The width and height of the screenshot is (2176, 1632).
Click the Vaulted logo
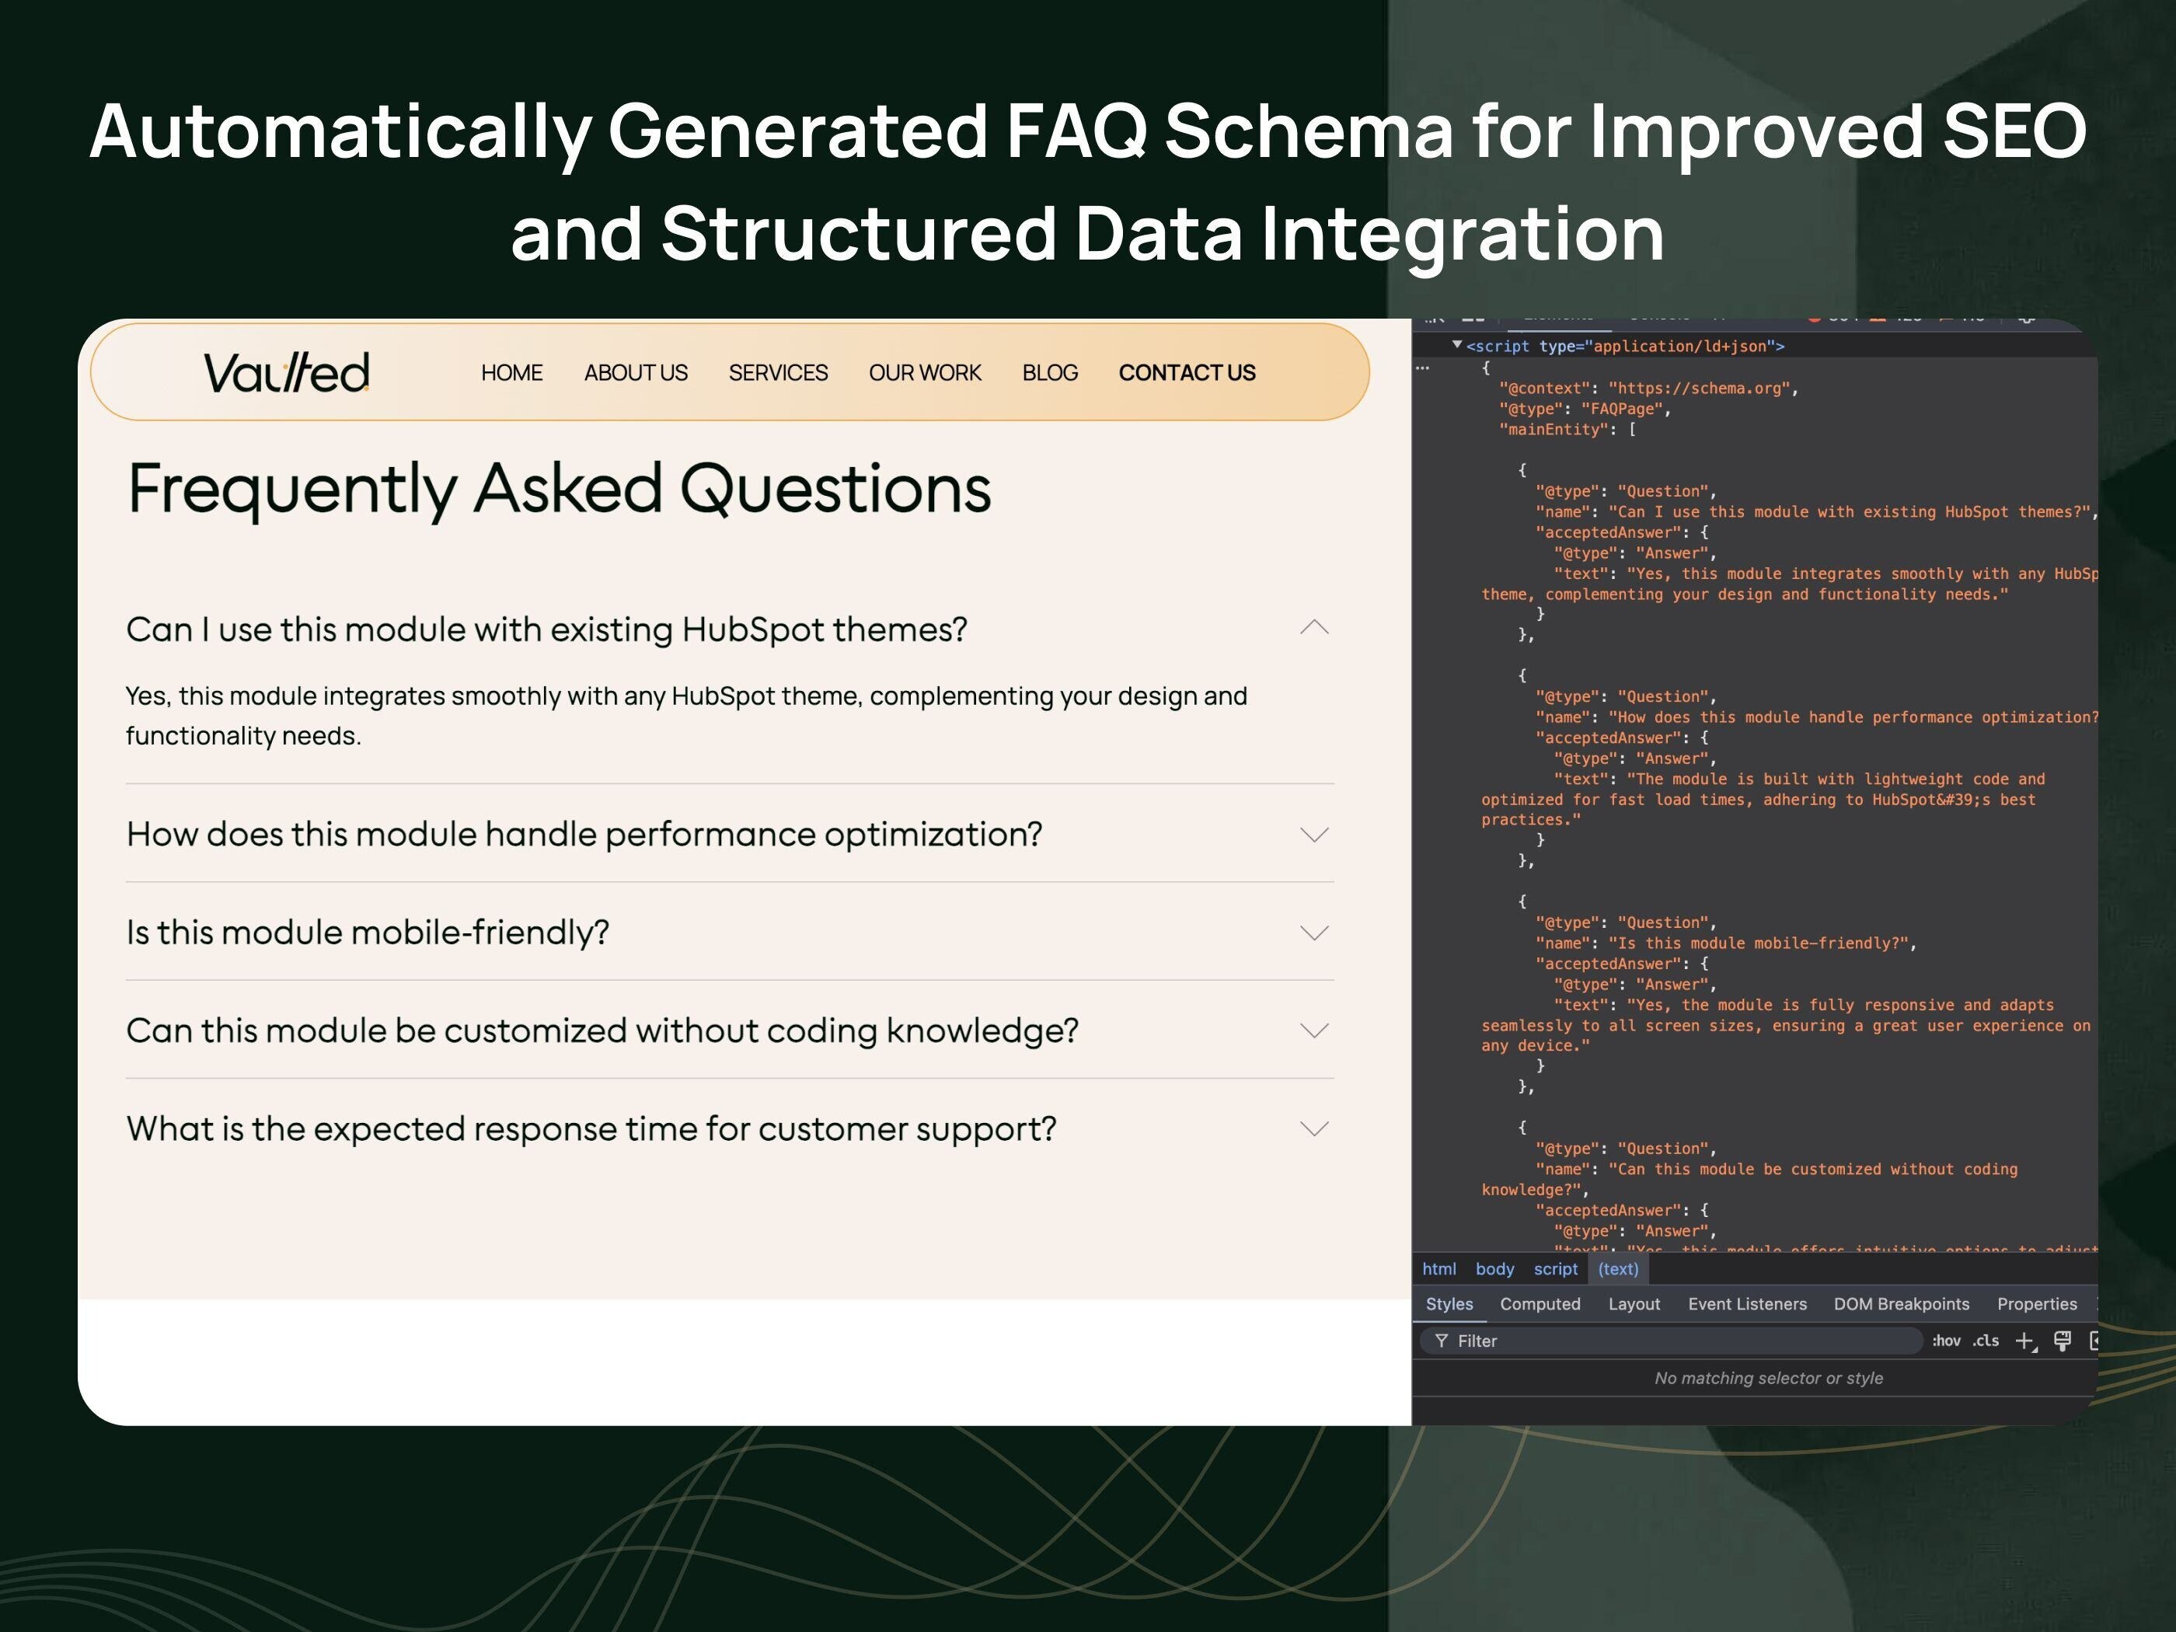tap(286, 373)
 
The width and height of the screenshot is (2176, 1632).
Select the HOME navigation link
tap(511, 373)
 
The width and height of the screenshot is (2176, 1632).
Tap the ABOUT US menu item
tap(636, 373)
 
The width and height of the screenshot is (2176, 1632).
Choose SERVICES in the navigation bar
tap(778, 373)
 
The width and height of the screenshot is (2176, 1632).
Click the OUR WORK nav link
tap(925, 373)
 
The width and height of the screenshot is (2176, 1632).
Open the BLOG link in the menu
tap(1050, 373)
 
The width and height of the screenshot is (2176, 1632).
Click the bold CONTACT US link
tap(1187, 373)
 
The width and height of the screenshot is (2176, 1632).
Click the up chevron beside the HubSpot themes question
tap(1314, 628)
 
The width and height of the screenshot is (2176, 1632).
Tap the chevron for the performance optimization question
tap(1314, 834)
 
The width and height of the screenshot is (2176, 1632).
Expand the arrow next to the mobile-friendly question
tap(1314, 932)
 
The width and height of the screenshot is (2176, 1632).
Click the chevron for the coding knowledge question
tap(1314, 1030)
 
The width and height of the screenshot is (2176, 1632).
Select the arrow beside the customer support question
tap(1314, 1128)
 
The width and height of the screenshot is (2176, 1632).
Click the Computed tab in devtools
tap(1540, 1303)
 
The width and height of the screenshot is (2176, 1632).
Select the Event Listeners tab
tap(1747, 1303)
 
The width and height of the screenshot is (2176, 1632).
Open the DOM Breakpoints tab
tap(1901, 1303)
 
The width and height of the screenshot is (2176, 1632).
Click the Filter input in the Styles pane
tap(1672, 1341)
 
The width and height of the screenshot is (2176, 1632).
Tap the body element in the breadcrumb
tap(1494, 1269)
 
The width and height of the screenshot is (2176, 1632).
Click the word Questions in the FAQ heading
tap(835, 489)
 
